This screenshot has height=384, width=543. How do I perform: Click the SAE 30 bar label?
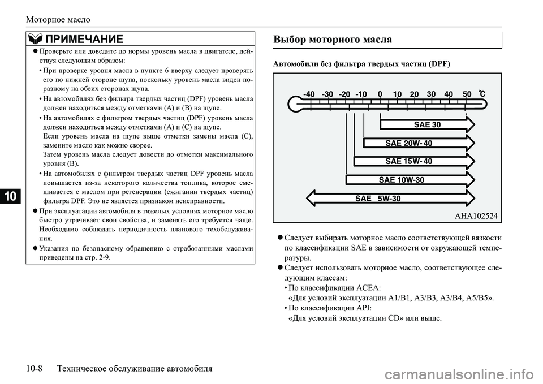tap(428, 124)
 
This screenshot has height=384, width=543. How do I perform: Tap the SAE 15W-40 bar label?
tap(408, 161)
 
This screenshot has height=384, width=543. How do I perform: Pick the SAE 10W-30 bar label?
tap(401, 180)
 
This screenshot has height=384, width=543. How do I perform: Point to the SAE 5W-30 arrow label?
tap(378, 199)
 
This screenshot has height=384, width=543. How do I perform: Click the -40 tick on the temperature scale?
tap(309, 94)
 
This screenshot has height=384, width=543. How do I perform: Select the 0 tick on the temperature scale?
tap(380, 94)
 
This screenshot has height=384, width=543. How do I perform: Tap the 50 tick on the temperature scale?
tap(467, 94)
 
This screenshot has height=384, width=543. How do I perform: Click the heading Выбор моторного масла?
tap(333, 40)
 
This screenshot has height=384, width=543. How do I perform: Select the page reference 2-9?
tap(103, 257)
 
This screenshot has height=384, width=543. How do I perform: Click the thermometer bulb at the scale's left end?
tap(294, 104)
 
